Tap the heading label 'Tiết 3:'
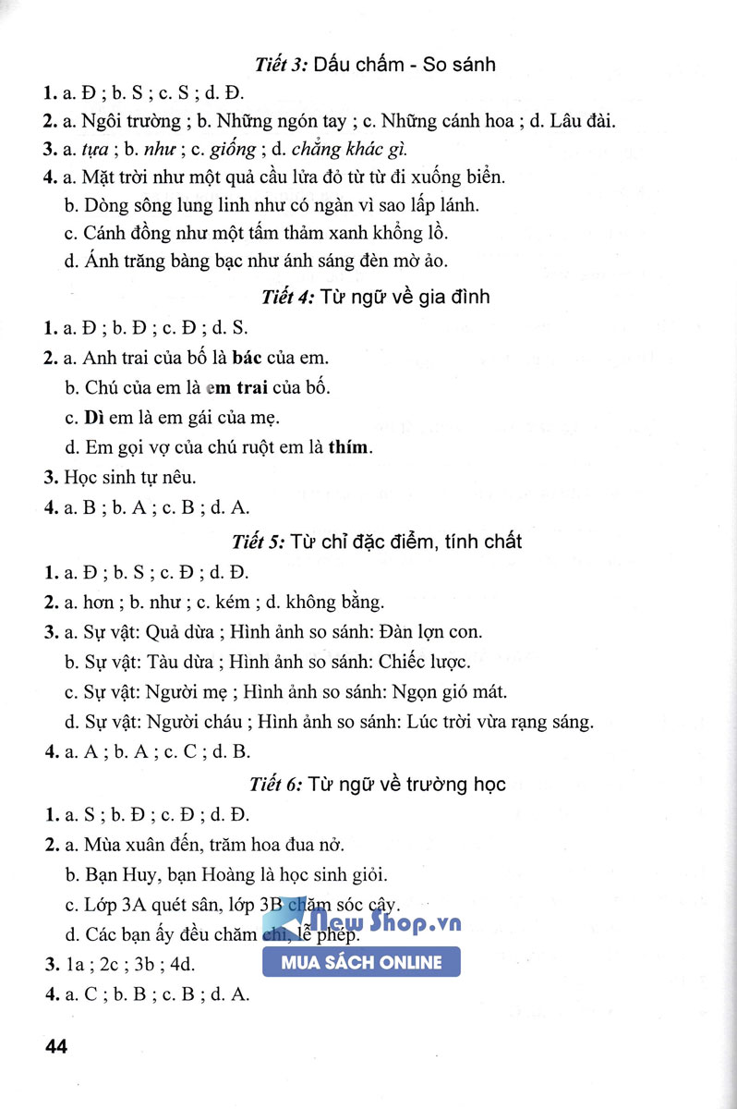coord(282,65)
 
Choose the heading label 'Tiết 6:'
coord(276,785)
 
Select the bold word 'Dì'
coord(93,418)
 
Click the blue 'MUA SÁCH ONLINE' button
coord(361,962)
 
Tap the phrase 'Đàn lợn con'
coord(430,632)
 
